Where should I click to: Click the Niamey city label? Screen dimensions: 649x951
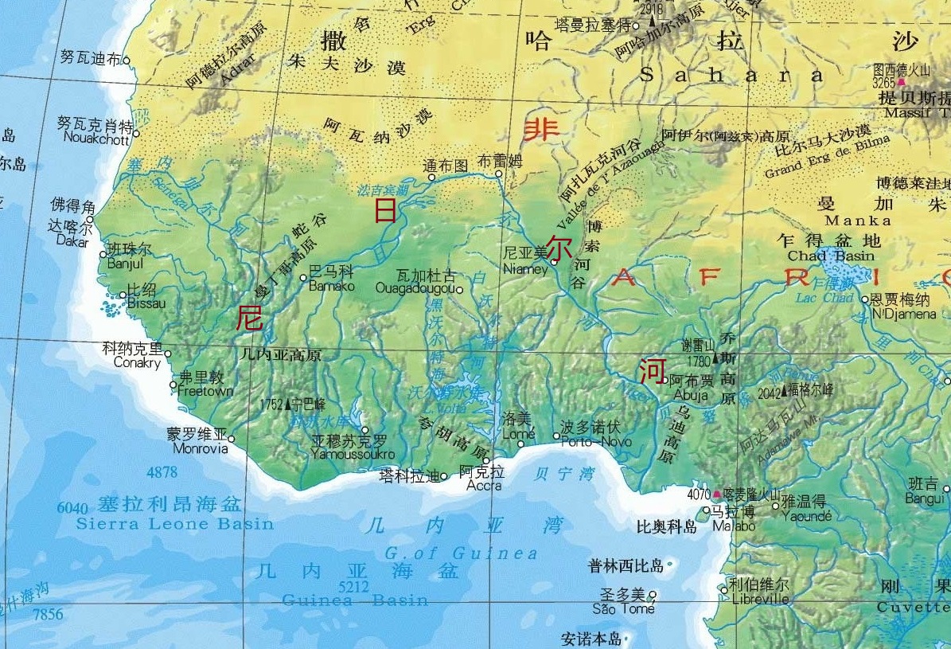point(525,269)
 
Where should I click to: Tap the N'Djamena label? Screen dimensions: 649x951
point(904,313)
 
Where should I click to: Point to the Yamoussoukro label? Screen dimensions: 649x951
point(353,454)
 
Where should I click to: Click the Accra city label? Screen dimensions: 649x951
point(484,485)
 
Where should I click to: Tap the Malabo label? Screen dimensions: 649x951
point(733,526)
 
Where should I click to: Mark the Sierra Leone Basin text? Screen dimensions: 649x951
point(174,524)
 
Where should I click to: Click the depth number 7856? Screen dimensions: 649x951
point(47,613)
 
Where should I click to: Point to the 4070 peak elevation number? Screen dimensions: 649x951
point(698,494)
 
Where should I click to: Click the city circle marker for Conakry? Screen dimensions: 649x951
point(168,354)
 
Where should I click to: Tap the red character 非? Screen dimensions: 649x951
point(540,128)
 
